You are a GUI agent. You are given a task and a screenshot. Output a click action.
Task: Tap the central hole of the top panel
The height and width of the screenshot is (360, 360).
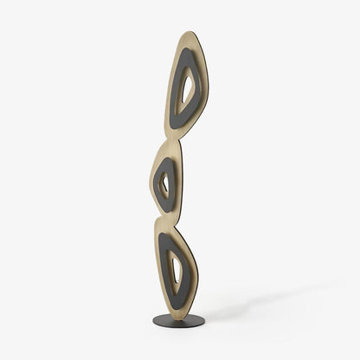[x=185, y=90]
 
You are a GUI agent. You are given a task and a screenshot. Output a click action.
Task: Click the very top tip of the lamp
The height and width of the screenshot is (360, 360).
[x=192, y=32]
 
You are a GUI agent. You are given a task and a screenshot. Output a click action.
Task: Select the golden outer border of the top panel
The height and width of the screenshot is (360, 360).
[x=206, y=61]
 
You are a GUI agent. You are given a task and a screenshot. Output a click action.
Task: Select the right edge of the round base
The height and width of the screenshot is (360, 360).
[x=205, y=321]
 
